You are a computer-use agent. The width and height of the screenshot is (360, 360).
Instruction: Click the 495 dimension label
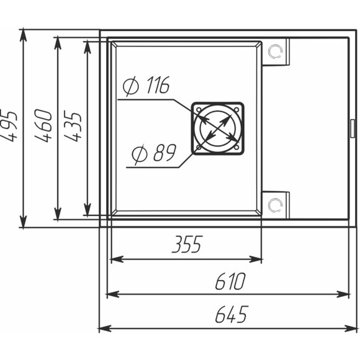10,125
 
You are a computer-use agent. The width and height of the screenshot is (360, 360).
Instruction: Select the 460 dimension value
43,125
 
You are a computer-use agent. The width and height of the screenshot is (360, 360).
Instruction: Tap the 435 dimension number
73,126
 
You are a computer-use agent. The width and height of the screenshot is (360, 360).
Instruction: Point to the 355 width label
187,244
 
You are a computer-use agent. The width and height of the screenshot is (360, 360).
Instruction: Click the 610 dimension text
230,281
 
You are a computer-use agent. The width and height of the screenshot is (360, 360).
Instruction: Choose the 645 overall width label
232,314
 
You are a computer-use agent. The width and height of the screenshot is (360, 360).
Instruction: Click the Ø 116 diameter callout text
146,85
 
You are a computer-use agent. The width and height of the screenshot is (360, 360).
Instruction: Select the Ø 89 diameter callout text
154,153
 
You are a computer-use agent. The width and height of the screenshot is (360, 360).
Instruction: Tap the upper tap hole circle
276,51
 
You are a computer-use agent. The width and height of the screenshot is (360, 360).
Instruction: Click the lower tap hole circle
276,205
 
